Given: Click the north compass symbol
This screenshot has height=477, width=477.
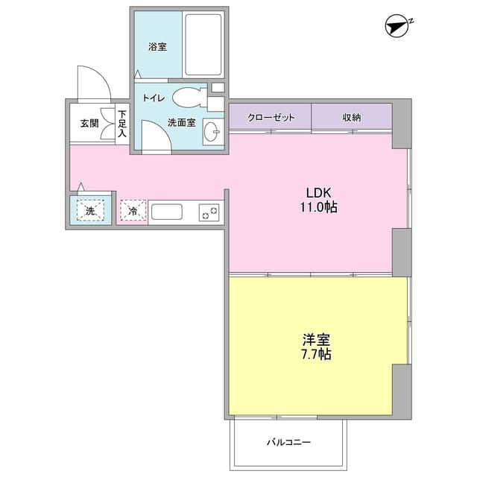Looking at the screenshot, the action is [397, 27].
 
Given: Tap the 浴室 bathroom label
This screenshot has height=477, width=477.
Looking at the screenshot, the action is [157, 47].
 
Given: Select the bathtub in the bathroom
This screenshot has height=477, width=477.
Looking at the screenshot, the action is [203, 45].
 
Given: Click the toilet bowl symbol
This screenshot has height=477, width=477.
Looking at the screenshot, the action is [189, 98].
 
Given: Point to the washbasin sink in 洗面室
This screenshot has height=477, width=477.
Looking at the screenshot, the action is [212, 131].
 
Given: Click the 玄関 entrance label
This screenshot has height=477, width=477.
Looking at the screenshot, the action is [89, 123].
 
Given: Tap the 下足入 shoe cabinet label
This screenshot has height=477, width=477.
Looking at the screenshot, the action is [122, 124].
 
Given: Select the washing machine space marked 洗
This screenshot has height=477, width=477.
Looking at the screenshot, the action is [90, 210].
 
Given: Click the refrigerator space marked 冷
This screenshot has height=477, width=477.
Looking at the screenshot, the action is [133, 210].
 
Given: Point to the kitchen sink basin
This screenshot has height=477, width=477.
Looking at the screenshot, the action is [167, 212].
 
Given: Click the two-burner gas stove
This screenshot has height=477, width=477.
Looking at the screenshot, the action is [209, 212].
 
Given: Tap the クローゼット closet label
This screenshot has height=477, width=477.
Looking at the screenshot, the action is [271, 118].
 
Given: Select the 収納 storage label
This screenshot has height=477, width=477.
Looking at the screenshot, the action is [352, 118].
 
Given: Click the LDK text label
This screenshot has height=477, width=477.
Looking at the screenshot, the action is [318, 193].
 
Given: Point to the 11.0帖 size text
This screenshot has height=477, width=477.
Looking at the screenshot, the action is [318, 207].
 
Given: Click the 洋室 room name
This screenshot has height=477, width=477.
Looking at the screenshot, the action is [316, 340].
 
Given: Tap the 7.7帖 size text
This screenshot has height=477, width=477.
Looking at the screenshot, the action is [316, 355].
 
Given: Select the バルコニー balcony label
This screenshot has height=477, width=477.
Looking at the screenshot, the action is [288, 442].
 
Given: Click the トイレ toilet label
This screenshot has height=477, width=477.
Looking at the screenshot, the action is [154, 98].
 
